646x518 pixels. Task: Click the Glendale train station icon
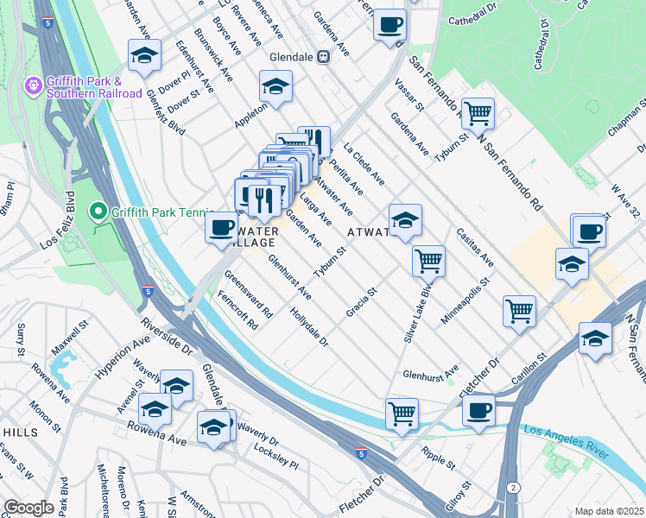(x=323, y=57)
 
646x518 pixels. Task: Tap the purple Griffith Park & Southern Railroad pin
(x=33, y=86)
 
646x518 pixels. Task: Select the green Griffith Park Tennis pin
(x=98, y=211)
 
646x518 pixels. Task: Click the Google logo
(x=28, y=507)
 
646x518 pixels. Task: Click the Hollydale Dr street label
(x=310, y=328)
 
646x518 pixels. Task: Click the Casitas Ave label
(x=475, y=249)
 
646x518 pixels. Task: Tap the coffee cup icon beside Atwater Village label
(x=220, y=229)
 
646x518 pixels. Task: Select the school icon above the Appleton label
(x=275, y=86)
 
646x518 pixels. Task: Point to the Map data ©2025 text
(x=609, y=511)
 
